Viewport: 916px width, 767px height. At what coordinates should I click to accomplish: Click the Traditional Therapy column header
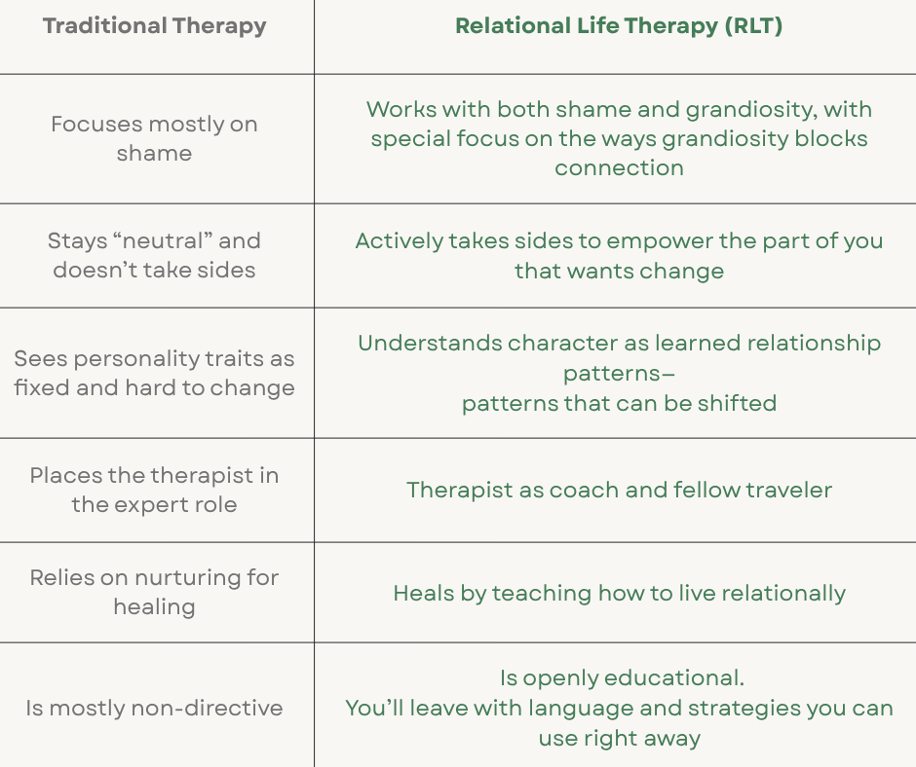coord(154,26)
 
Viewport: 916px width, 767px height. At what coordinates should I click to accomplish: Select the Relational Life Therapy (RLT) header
coord(619,26)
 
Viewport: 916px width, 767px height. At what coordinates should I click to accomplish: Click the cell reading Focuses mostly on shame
coord(154,138)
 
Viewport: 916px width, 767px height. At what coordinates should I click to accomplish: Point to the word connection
coord(619,167)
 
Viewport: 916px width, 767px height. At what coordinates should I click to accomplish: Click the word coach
coord(584,490)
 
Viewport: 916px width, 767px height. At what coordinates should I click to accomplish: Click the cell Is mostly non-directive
coord(154,708)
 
